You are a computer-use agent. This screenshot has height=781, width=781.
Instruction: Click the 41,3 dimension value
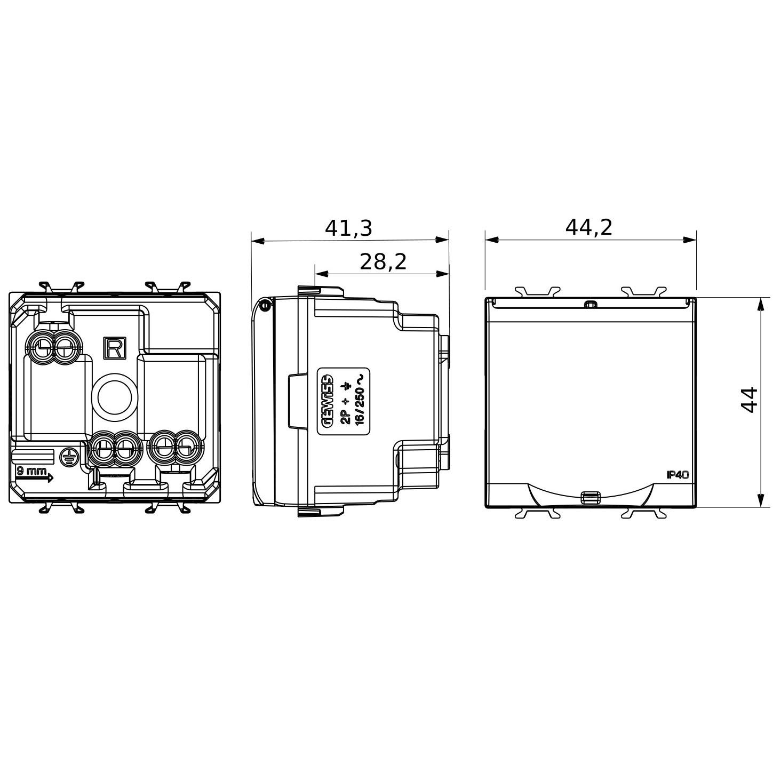pos(348,228)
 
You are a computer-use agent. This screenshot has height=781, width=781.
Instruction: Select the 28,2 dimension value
pos(382,262)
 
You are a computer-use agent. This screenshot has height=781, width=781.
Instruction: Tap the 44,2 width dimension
pos(589,228)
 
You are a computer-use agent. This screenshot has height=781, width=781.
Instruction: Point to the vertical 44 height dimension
pos(750,400)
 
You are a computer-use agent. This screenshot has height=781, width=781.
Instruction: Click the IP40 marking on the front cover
pos(678,475)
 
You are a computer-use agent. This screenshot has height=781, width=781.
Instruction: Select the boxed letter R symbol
pos(114,348)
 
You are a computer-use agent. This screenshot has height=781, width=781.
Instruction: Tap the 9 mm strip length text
pos(31,471)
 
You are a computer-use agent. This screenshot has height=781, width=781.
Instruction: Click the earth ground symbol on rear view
pos(68,457)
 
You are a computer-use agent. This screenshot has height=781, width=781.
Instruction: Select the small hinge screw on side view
pos(264,306)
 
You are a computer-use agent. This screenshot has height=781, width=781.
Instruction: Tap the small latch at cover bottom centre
pos(589,498)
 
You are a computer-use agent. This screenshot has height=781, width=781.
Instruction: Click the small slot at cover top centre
pos(590,305)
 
